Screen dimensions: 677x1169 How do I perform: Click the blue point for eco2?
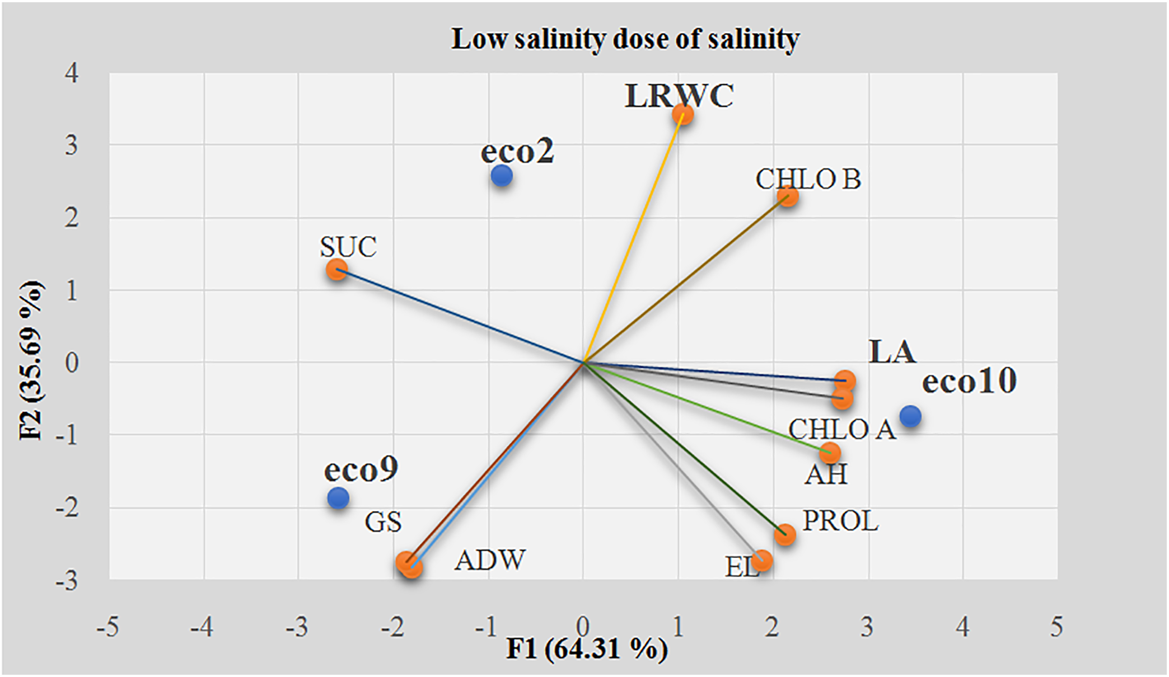(x=502, y=176)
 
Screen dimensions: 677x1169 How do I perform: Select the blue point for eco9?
(x=338, y=497)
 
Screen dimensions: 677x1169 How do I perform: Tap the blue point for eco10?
(x=910, y=416)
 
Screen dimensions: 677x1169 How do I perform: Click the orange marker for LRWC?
(x=682, y=115)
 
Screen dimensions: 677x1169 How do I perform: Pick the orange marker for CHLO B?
(x=788, y=197)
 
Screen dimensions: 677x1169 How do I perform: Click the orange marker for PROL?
(x=785, y=534)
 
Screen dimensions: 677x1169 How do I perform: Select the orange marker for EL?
(x=762, y=560)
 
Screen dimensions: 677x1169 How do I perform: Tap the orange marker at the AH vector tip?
(x=830, y=453)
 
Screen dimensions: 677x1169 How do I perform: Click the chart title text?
(x=625, y=39)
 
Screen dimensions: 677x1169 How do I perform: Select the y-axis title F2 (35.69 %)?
(x=31, y=361)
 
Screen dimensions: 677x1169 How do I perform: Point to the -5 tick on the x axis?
(x=107, y=627)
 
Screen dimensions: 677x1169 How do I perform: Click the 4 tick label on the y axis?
(x=71, y=73)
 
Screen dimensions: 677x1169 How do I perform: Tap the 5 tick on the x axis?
(x=1056, y=627)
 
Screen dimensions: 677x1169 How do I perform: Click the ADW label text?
(x=490, y=560)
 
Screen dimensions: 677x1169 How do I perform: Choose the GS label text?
(x=383, y=522)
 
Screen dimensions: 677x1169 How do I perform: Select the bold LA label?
(x=892, y=352)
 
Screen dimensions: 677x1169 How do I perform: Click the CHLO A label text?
(x=841, y=430)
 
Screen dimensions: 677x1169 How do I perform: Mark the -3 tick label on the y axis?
(x=67, y=581)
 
